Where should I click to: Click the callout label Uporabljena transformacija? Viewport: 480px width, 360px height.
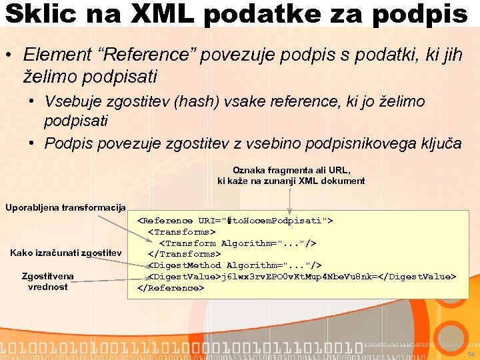65,207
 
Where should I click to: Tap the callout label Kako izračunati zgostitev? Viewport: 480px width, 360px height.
65,253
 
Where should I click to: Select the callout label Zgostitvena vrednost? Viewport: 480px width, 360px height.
47,281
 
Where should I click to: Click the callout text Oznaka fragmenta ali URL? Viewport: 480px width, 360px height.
291,170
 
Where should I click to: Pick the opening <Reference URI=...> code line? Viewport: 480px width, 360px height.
235,221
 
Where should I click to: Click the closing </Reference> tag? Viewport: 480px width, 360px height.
171,288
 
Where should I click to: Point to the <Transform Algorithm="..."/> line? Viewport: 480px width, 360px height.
237,243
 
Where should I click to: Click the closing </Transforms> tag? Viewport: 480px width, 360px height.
183,254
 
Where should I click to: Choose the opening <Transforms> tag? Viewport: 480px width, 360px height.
181,232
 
